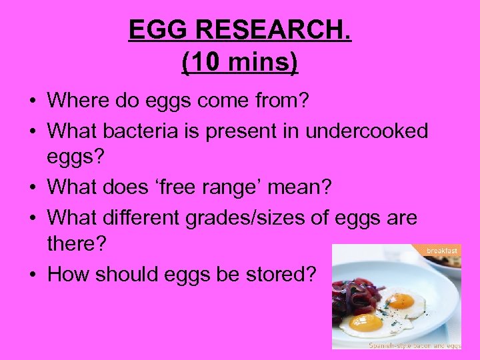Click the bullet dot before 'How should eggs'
[33, 275]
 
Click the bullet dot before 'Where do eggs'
[33, 102]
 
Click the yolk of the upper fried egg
[401, 301]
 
